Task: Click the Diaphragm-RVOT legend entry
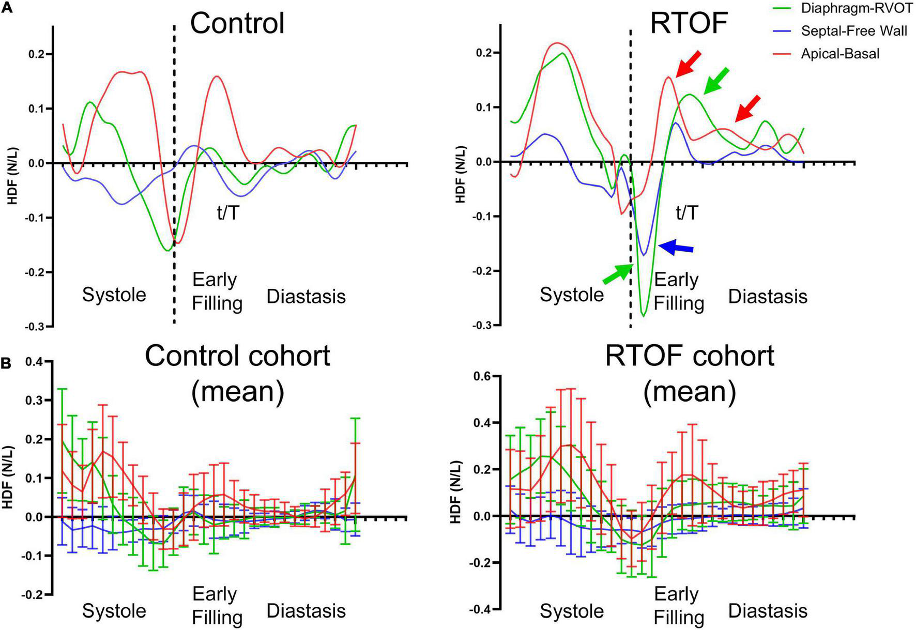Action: click(856, 9)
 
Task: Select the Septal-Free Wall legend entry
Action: click(853, 31)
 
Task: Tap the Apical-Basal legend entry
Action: click(840, 53)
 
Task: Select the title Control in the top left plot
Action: click(237, 23)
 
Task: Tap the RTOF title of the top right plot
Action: click(689, 23)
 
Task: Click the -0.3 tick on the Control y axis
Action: click(35, 327)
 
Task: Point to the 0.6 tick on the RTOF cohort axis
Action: click(482, 377)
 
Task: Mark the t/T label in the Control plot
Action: click(228, 212)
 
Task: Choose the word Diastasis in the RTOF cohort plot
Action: click(768, 611)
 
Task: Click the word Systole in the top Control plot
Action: click(114, 295)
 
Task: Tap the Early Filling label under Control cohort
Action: click(217, 605)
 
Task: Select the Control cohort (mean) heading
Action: click(237, 373)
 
